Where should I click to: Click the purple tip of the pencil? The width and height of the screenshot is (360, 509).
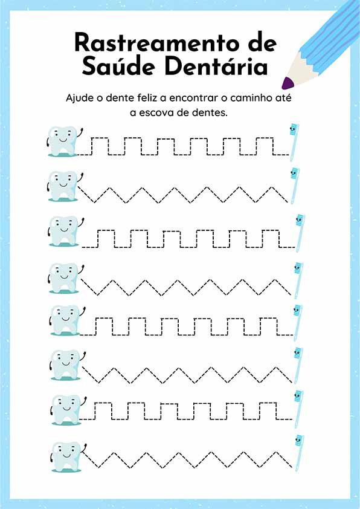coord(288,83)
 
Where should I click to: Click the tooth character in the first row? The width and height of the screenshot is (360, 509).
coord(64,141)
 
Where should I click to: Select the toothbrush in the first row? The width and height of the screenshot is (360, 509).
coord(294,142)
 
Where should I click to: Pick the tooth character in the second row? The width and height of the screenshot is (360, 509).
coord(64,186)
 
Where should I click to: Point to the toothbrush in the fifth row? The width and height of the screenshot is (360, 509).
coord(297,323)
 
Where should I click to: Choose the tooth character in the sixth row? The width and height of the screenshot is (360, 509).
coord(67,365)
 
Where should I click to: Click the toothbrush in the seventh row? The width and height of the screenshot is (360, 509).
coord(298,409)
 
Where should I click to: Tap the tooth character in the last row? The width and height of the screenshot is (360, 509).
coord(68,456)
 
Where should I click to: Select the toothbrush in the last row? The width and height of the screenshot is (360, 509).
coord(299,453)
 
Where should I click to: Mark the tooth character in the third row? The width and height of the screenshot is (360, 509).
coord(65,231)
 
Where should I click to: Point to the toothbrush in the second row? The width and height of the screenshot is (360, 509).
coord(294,186)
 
